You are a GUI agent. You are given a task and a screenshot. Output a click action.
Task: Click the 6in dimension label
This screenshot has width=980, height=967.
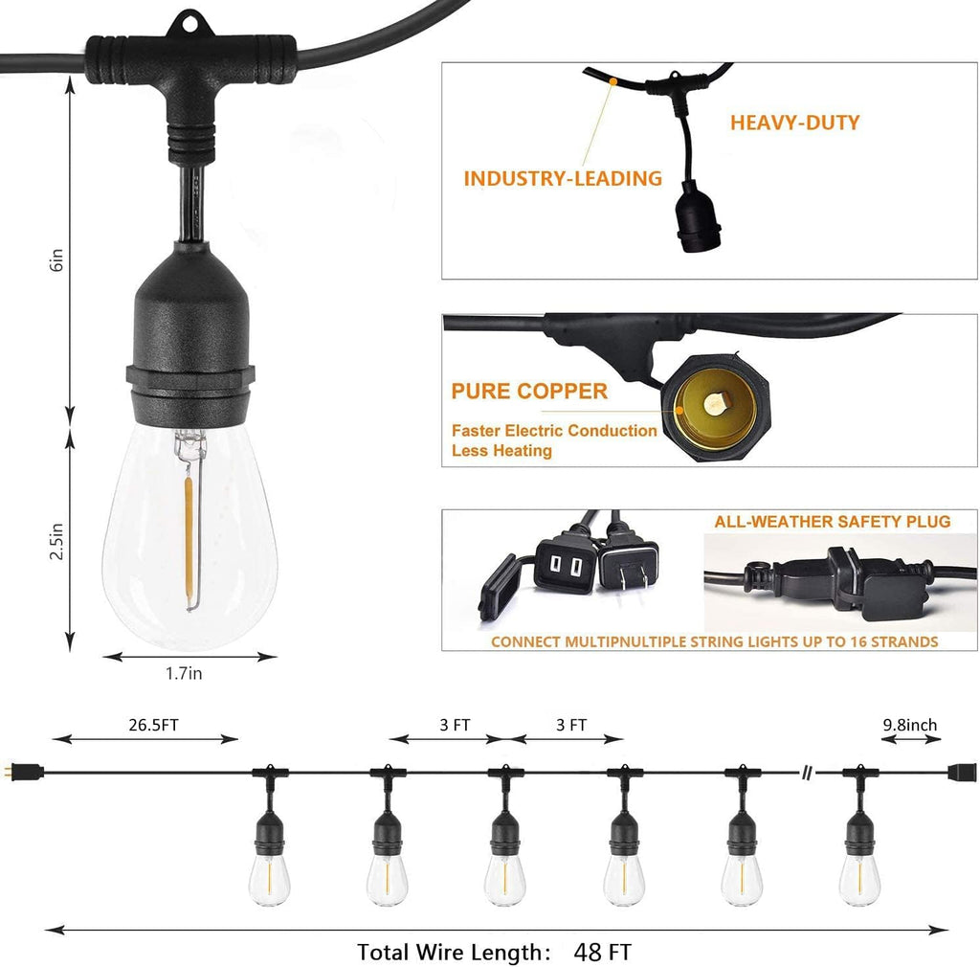(x=56, y=260)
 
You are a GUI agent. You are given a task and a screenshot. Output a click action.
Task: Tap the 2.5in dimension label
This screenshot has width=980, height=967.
(x=56, y=541)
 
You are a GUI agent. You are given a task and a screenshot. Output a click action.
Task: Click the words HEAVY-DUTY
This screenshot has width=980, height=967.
(x=794, y=123)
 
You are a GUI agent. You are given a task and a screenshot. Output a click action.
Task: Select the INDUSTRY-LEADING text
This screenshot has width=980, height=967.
(x=563, y=178)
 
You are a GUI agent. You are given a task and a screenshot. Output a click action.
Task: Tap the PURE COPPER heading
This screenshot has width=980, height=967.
(x=529, y=391)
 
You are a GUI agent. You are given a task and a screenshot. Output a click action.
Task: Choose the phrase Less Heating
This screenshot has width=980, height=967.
(x=501, y=450)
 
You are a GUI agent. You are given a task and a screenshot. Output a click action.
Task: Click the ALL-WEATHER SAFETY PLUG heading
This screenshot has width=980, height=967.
(x=832, y=522)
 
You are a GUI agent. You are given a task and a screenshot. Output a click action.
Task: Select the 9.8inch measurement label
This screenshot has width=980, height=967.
(x=909, y=725)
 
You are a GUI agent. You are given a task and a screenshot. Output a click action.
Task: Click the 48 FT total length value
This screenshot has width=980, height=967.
(x=603, y=952)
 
